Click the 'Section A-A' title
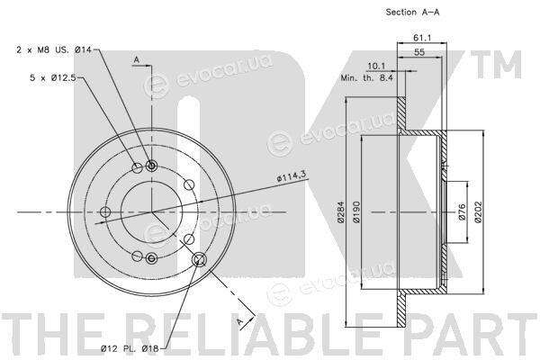412,12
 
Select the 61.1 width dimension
422,38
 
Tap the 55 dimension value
419,52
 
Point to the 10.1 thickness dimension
376,66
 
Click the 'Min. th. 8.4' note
366,78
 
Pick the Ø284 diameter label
340,211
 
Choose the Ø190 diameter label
356,212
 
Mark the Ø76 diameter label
462,212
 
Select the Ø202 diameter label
478,212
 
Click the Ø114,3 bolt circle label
291,176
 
